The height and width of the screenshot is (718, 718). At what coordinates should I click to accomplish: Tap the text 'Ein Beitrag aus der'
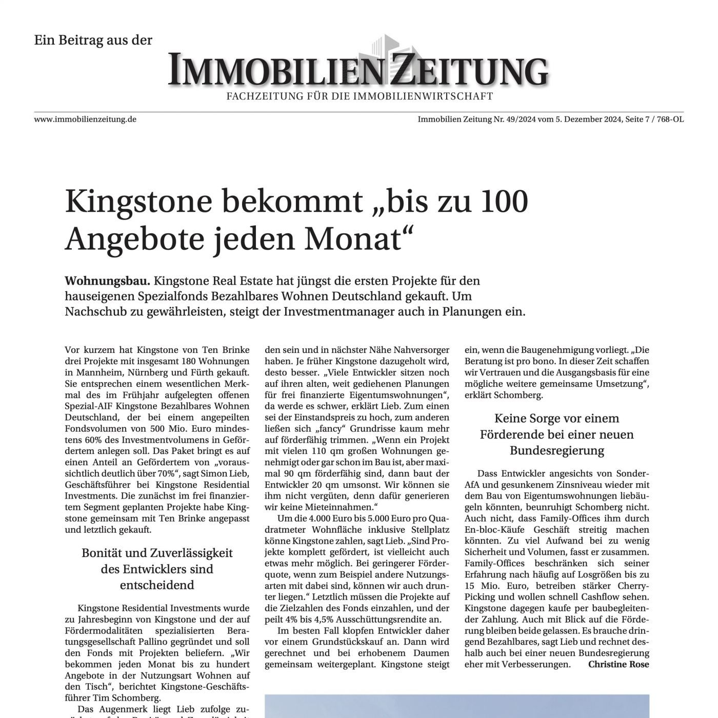(93, 40)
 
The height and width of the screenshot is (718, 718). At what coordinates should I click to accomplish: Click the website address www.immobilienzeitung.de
(85, 119)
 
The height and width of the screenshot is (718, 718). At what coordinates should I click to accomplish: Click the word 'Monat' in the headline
(364, 238)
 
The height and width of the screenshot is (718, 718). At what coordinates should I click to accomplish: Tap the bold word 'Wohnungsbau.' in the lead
(108, 281)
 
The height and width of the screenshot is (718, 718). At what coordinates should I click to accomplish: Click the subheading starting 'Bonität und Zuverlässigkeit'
(157, 569)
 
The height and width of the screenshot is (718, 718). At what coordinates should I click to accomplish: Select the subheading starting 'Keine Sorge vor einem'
(556, 434)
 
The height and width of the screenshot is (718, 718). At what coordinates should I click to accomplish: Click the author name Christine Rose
(619, 664)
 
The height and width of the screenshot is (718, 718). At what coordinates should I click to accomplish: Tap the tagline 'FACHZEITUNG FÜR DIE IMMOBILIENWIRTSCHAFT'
(360, 96)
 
